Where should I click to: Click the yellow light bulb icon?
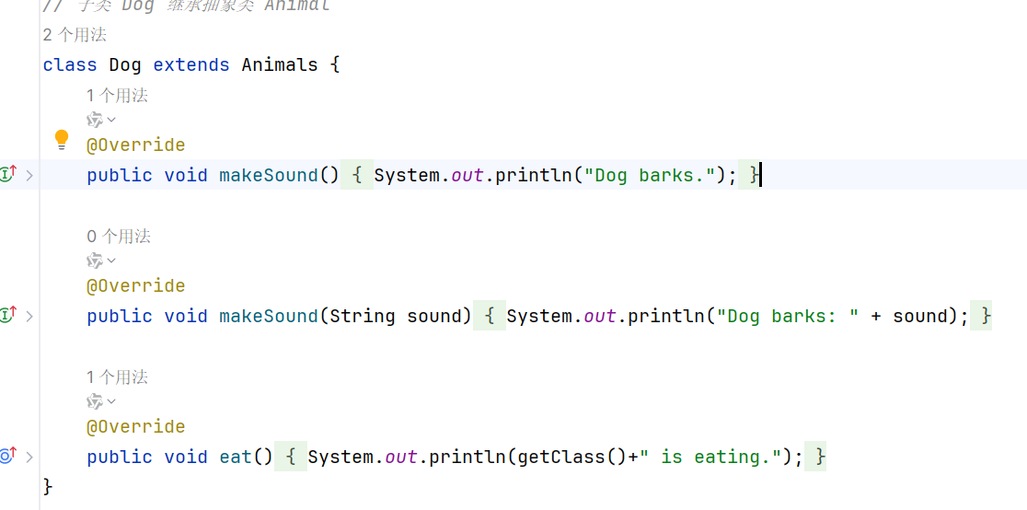pyautogui.click(x=62, y=140)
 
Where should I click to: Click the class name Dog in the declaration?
pyautogui.click(x=125, y=65)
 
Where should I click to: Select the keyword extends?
pyautogui.click(x=191, y=65)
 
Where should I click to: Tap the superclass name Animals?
pyautogui.click(x=280, y=65)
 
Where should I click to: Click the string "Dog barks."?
pyautogui.click(x=652, y=175)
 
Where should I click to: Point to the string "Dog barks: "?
pyautogui.click(x=789, y=316)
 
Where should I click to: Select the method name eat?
pyautogui.click(x=236, y=457)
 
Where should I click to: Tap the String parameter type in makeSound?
pyautogui.click(x=363, y=316)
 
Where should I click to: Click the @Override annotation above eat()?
pyautogui.click(x=135, y=427)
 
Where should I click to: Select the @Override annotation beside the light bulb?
pyautogui.click(x=135, y=145)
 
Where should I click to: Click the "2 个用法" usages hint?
pyautogui.click(x=75, y=35)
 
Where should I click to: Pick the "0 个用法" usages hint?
pyautogui.click(x=119, y=237)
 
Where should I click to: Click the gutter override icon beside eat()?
pyautogui.click(x=8, y=456)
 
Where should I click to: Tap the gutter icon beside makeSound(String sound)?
pyautogui.click(x=8, y=315)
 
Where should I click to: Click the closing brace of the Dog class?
pyautogui.click(x=48, y=485)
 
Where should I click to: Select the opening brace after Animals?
pyautogui.click(x=335, y=65)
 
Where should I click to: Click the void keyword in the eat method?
pyautogui.click(x=186, y=457)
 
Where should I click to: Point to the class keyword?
pyautogui.click(x=70, y=65)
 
